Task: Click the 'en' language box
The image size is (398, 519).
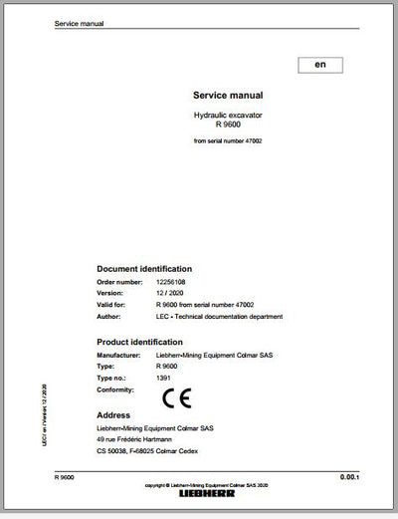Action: coord(319,66)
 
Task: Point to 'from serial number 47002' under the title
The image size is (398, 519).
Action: coord(228,141)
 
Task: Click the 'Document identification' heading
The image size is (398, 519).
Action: coord(143,269)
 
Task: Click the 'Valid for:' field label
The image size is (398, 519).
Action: coord(110,305)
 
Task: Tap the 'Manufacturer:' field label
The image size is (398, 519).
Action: coord(118,355)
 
